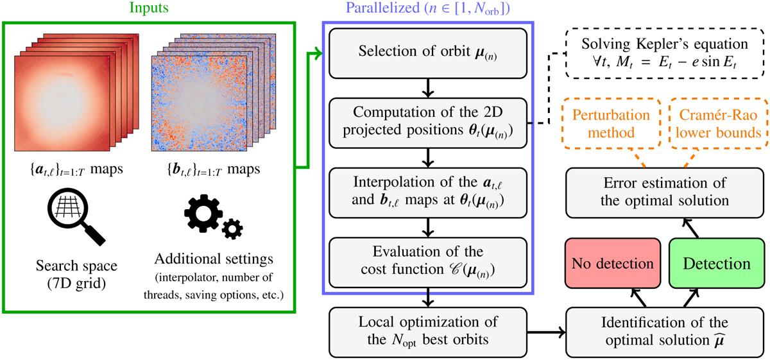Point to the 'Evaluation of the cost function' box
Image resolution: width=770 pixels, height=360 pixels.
click(x=427, y=263)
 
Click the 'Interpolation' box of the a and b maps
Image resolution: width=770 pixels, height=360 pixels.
click(x=427, y=193)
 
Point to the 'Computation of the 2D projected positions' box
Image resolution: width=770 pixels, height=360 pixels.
click(x=427, y=121)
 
